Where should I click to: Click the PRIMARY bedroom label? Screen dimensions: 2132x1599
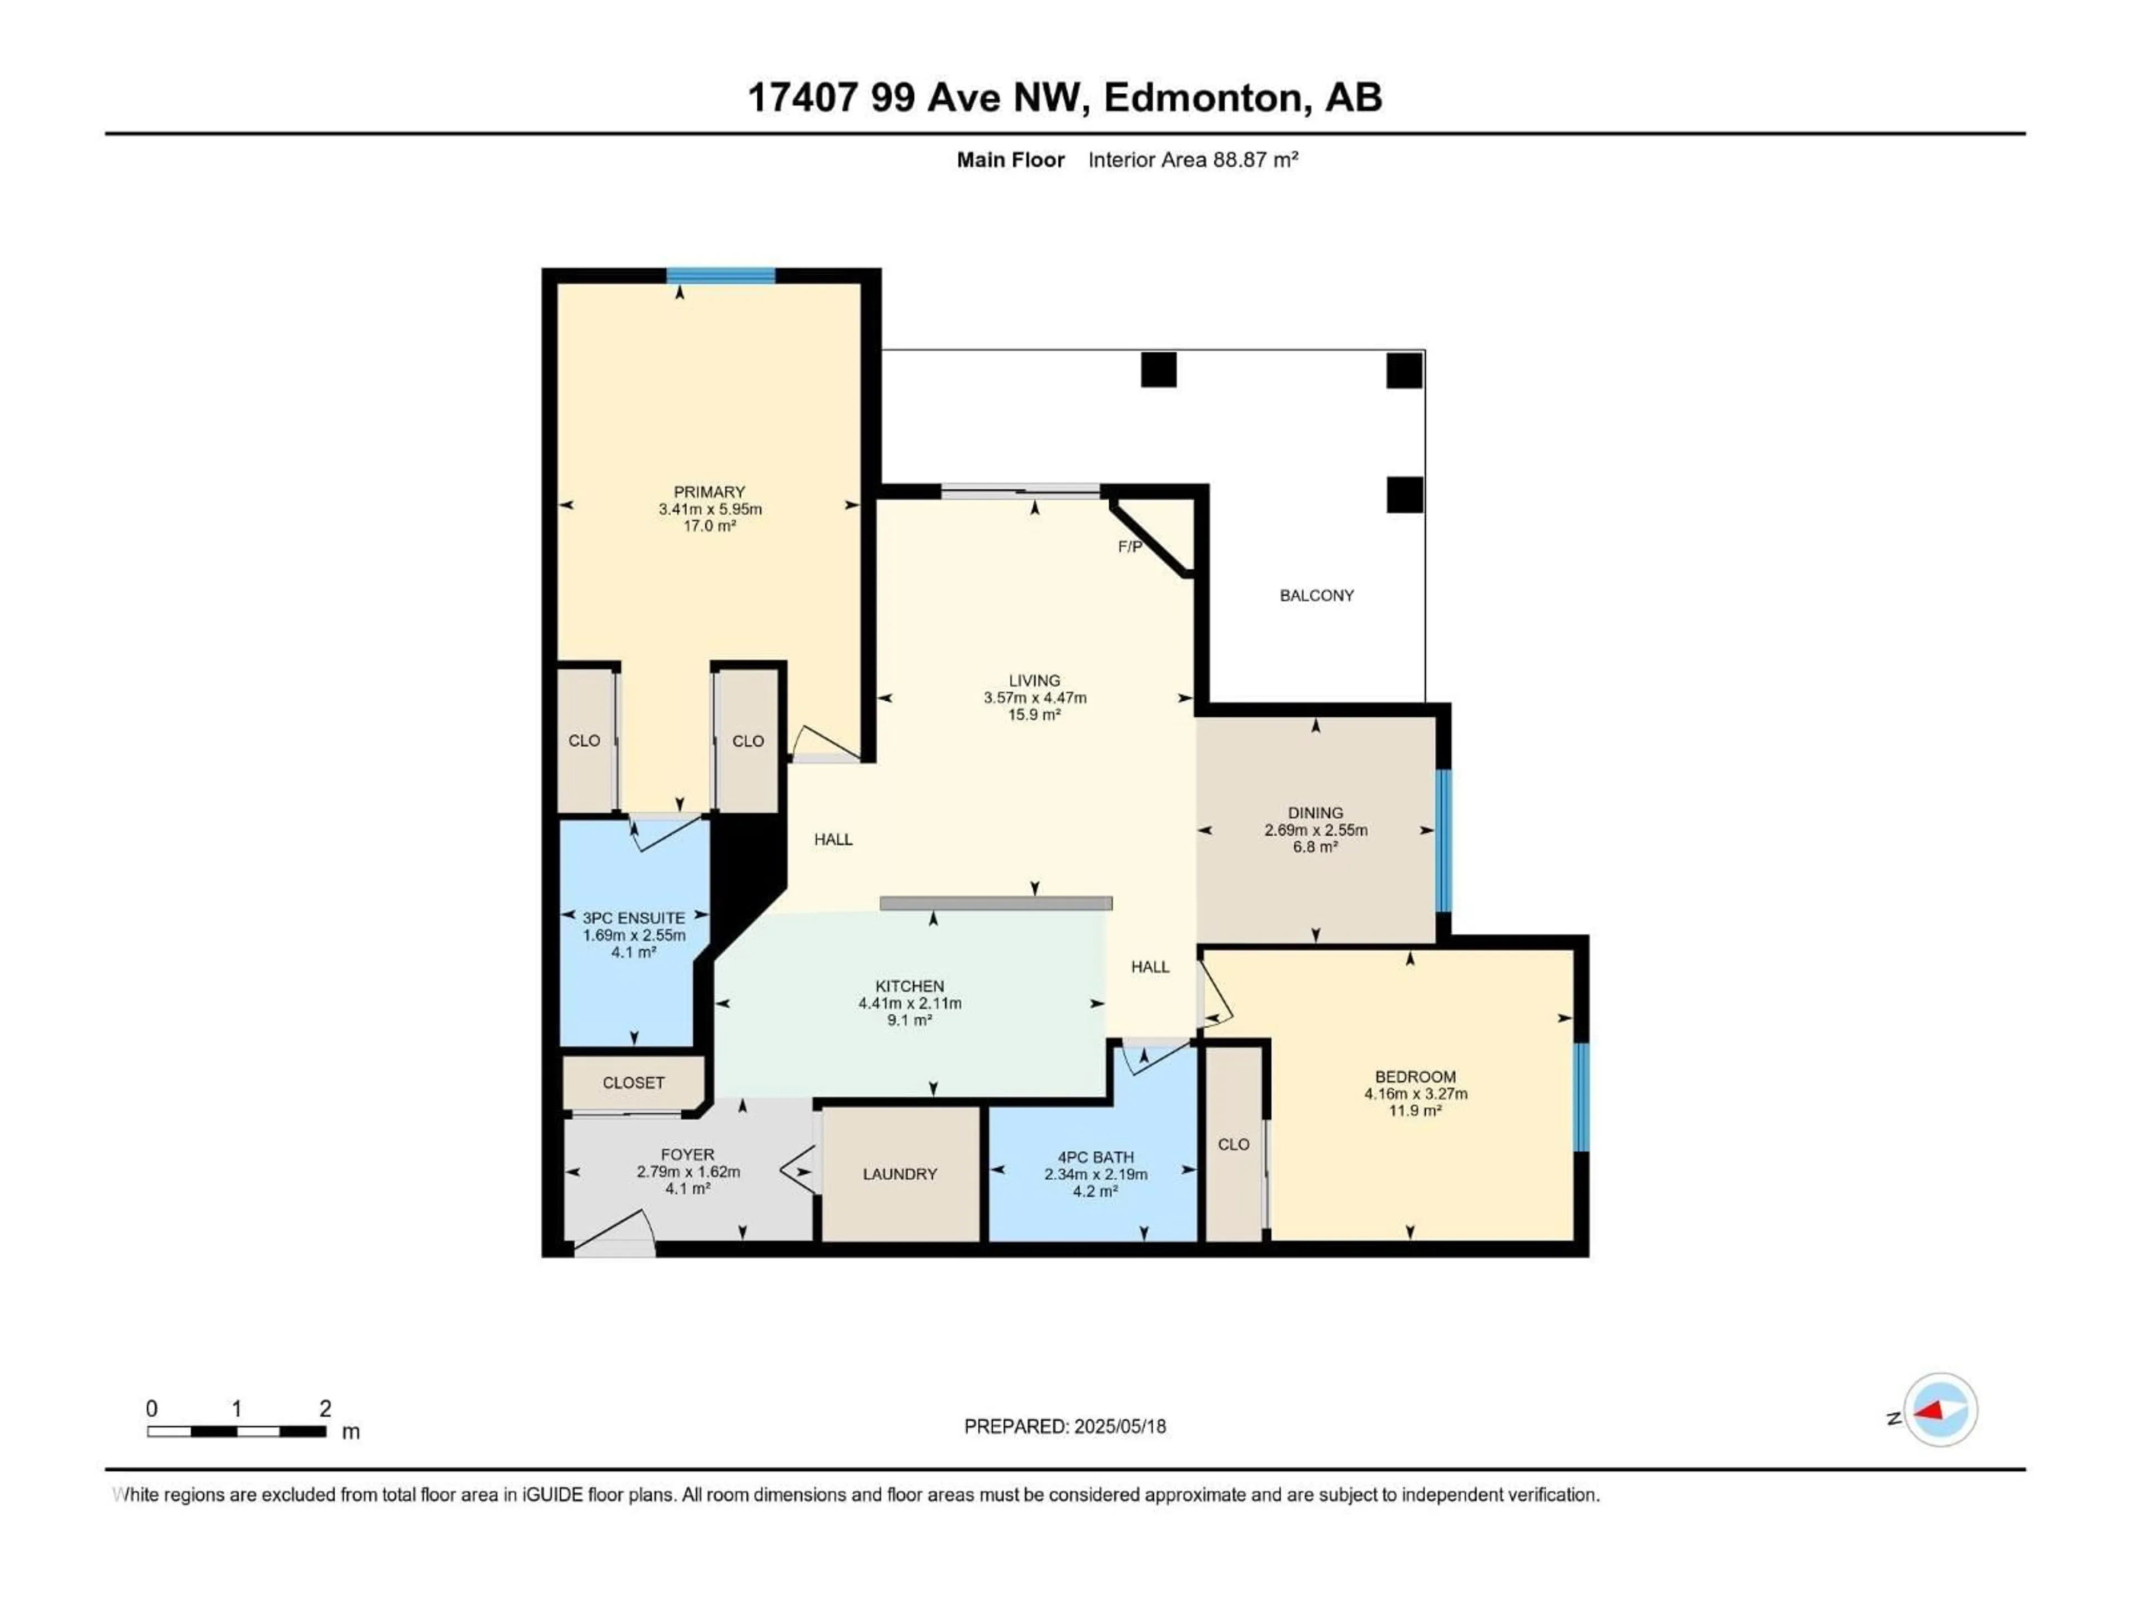coord(710,491)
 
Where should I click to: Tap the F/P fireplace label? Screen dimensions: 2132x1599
coord(1130,546)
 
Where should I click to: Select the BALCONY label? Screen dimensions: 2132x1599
coord(1316,596)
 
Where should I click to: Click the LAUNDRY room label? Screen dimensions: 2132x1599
coord(899,1174)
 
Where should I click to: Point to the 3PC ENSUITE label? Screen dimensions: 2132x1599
coord(633,918)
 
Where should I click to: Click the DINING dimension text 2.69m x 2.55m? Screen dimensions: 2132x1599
coord(1316,830)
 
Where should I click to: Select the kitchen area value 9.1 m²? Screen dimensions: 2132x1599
coord(910,1020)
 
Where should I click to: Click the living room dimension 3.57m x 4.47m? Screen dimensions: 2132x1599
coord(1034,698)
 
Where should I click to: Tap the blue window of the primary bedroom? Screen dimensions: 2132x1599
coord(721,275)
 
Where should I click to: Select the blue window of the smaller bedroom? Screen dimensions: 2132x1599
coord(1581,1098)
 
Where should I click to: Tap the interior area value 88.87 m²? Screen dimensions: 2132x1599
coord(1255,160)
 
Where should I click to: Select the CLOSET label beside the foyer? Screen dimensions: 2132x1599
coord(633,1083)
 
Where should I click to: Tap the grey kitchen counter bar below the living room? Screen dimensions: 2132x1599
coord(995,903)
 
